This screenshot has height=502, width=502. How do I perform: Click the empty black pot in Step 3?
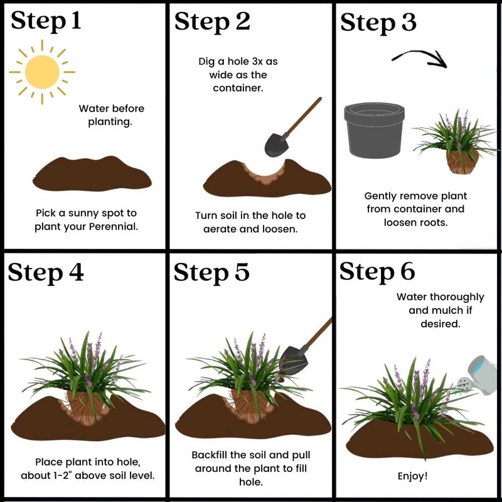pyautogui.click(x=373, y=130)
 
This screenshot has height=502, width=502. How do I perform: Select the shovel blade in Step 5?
pyautogui.click(x=293, y=363)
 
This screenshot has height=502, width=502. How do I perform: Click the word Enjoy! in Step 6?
pyautogui.click(x=413, y=476)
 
